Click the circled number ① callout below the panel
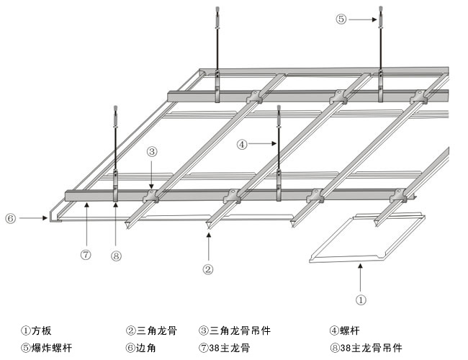click(361, 298)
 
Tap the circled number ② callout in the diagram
click(207, 269)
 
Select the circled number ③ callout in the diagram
click(152, 152)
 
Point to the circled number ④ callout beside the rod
click(242, 144)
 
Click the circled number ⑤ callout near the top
click(341, 19)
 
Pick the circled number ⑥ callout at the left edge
click(10, 216)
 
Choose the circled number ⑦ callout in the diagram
click(86, 253)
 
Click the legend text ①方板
click(36, 332)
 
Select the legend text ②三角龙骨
click(151, 332)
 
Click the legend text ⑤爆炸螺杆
click(46, 348)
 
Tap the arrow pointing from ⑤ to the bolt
click(363, 19)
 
